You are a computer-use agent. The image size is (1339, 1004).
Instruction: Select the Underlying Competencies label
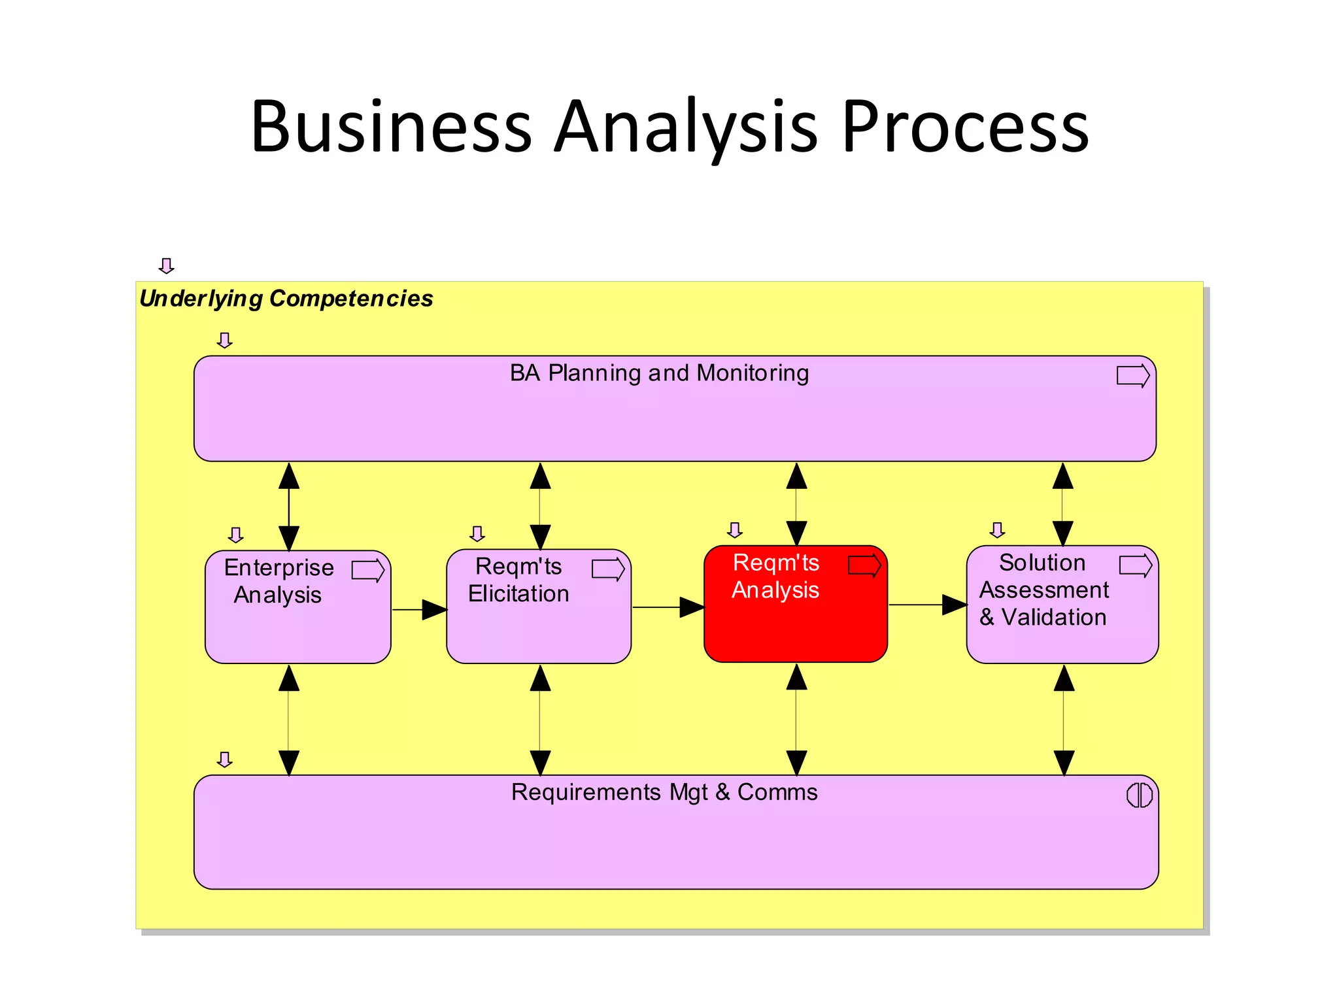point(286,299)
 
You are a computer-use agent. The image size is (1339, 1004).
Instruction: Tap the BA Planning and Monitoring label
point(659,373)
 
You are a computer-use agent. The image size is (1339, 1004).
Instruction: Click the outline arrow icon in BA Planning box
point(1132,376)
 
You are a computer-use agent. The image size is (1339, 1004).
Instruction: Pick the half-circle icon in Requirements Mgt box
point(1139,795)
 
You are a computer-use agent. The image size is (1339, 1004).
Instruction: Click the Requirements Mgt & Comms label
point(664,792)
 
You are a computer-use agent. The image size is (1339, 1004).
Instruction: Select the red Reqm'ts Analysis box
point(795,621)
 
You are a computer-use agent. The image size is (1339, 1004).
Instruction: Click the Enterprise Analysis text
point(279,581)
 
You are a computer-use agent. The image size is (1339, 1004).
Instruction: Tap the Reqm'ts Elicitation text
point(518,580)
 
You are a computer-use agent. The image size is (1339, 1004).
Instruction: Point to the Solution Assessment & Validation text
point(1043,590)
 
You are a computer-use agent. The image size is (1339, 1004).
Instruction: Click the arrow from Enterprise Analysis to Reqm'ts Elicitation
point(419,610)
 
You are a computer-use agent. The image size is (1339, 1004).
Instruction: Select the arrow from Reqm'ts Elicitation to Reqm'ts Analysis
point(668,607)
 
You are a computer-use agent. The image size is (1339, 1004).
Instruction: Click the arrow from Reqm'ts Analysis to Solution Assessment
point(927,605)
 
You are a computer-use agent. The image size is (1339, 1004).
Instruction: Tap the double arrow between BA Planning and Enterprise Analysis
point(289,507)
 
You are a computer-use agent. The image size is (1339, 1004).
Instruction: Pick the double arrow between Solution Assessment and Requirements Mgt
point(1064,720)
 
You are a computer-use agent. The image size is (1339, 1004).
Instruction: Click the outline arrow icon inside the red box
point(864,565)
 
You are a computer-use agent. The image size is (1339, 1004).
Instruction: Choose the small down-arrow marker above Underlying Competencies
point(167,265)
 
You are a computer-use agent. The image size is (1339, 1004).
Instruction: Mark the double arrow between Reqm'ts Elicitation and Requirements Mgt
point(540,720)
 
